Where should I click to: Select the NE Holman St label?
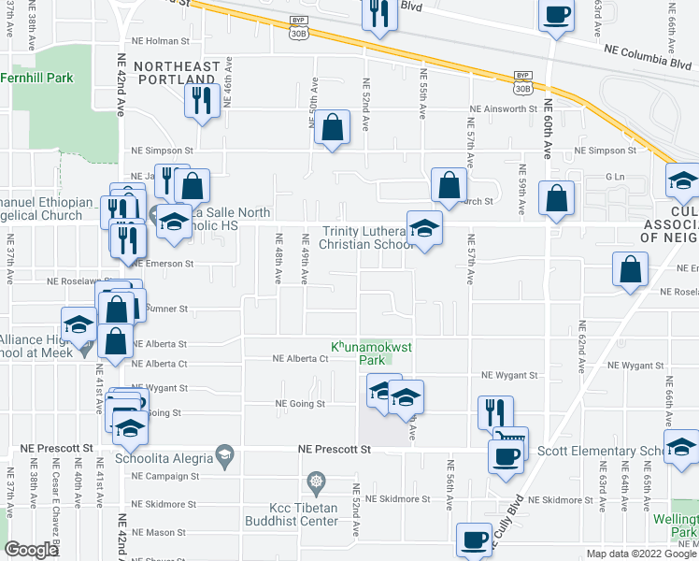[x=161, y=41]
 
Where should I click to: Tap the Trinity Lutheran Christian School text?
[x=366, y=238]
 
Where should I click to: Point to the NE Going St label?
[x=299, y=404]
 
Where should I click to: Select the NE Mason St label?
[x=160, y=532]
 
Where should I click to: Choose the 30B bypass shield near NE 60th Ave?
[x=523, y=80]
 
